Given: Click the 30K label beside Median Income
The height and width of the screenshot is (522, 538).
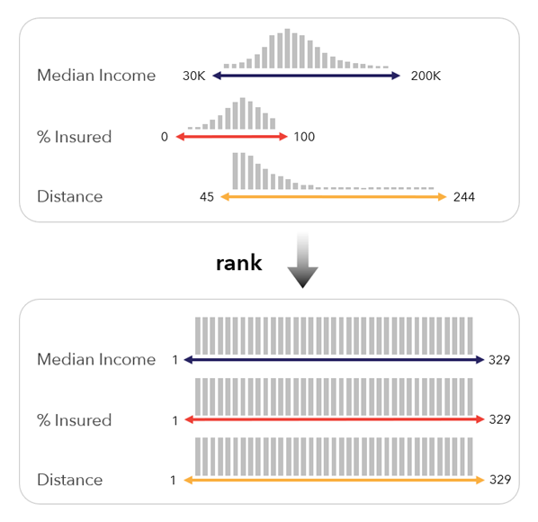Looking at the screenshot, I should click(193, 76).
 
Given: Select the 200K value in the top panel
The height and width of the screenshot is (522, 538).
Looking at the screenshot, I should click(425, 76).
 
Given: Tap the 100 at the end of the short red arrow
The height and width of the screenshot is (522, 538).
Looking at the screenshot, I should click(304, 137).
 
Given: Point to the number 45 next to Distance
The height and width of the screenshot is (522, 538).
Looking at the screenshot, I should click(206, 197).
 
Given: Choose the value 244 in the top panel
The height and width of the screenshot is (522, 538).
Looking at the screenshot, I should click(463, 197).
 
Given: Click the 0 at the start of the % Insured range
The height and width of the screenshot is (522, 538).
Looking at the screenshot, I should click(165, 137).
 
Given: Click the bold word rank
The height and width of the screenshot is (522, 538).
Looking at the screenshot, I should click(238, 263).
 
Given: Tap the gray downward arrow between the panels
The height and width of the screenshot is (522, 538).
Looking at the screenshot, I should click(303, 261).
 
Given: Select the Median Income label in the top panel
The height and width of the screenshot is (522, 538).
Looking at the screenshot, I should click(96, 76).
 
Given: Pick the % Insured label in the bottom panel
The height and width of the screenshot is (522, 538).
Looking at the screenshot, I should click(75, 420).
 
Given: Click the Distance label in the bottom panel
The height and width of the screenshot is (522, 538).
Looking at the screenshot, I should click(70, 480).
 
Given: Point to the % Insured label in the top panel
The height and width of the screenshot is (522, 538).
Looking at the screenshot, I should click(75, 137).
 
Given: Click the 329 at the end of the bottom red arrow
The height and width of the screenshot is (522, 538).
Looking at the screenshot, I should click(500, 420).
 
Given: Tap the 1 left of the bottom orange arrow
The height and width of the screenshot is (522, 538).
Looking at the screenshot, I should click(173, 480).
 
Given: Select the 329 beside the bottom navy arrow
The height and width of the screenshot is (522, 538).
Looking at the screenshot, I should click(500, 360).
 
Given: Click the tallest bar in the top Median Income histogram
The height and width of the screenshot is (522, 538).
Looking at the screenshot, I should click(287, 49).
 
